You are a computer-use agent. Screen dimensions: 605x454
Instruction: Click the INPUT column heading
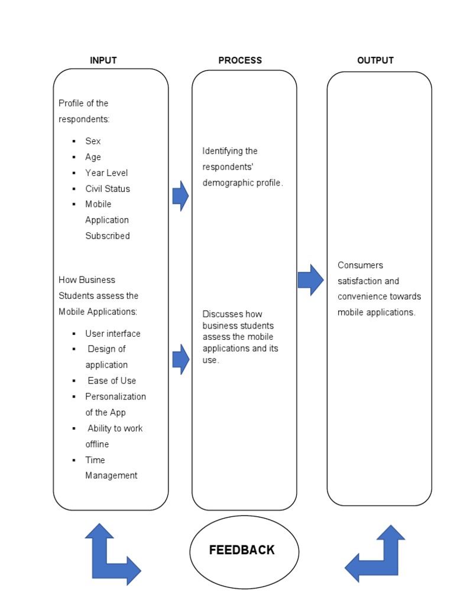(x=103, y=60)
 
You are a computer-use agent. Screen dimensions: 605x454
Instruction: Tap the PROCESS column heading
(x=240, y=60)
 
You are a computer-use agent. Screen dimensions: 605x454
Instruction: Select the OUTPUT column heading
(x=375, y=60)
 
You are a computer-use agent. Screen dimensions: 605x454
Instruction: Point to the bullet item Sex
(x=93, y=141)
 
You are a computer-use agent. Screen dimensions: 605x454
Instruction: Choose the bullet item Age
(x=93, y=157)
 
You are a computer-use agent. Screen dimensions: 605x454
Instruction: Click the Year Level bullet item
(x=106, y=173)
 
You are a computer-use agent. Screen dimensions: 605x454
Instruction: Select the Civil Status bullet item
(x=108, y=189)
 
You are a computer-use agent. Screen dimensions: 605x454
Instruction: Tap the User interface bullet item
(x=113, y=334)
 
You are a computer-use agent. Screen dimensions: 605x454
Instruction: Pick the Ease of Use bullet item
(x=112, y=381)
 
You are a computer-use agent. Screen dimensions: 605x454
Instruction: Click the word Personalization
(x=115, y=396)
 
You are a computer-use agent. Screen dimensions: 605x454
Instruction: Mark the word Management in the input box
(x=111, y=476)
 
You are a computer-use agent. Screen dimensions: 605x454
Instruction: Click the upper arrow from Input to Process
(x=180, y=196)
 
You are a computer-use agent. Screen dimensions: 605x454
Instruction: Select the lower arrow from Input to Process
(x=180, y=359)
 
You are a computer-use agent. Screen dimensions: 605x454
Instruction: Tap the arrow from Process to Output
(x=310, y=280)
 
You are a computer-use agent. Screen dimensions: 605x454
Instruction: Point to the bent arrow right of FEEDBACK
(x=377, y=556)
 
